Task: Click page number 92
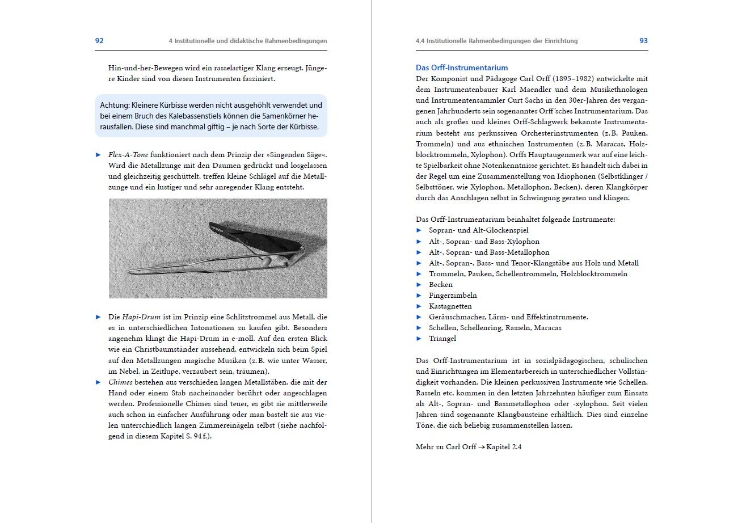click(99, 41)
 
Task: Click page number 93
click(643, 41)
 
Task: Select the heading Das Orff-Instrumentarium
click(462, 68)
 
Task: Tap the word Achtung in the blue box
click(115, 106)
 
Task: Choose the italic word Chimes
click(121, 382)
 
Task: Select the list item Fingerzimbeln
click(453, 296)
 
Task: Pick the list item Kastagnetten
click(450, 306)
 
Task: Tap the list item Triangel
click(442, 339)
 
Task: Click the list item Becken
click(441, 285)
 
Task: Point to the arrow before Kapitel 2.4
click(481, 447)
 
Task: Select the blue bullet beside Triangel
click(419, 339)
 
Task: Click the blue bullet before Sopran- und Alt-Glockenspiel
click(419, 230)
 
